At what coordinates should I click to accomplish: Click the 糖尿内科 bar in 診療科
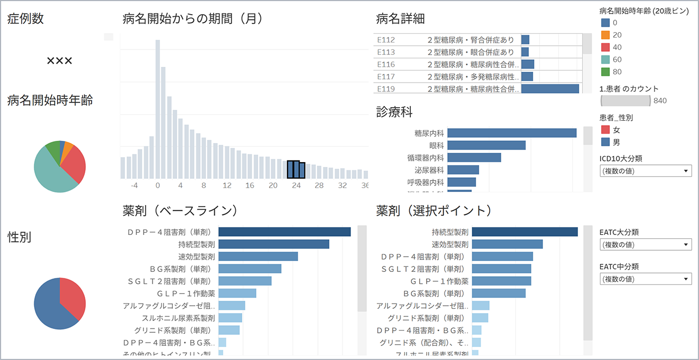click(511, 133)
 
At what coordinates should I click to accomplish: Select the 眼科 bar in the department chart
click(486, 145)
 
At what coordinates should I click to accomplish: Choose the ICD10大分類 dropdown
click(646, 171)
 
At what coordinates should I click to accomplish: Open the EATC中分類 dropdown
click(646, 279)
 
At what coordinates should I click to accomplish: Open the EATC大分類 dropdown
click(646, 244)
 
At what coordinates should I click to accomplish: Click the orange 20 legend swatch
click(606, 35)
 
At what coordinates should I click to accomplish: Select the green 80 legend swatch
click(606, 71)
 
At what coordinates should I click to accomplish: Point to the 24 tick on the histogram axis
click(296, 185)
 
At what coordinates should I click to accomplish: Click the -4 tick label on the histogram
click(134, 185)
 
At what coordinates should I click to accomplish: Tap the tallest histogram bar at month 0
click(158, 109)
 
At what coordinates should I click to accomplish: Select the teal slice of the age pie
click(52, 171)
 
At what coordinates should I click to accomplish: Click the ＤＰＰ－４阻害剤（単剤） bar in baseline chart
click(284, 232)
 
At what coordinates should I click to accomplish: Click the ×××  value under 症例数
click(59, 61)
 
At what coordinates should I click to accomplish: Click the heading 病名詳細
click(401, 19)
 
